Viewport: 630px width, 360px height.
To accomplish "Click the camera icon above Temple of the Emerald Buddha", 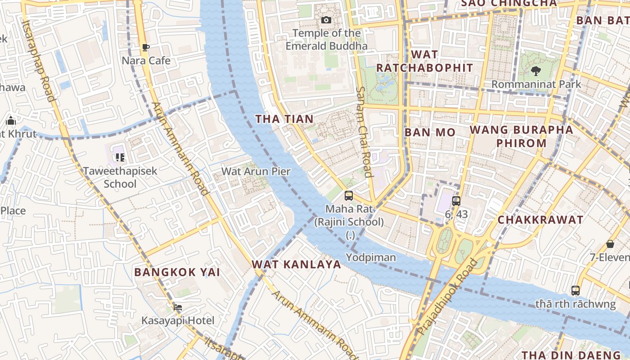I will (x=326, y=20).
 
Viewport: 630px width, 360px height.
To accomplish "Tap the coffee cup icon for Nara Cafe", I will (x=145, y=47).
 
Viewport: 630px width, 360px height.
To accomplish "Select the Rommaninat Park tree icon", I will (x=535, y=71).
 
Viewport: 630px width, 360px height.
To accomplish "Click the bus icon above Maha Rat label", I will (x=349, y=196).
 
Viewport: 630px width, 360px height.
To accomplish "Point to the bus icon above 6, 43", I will (x=456, y=201).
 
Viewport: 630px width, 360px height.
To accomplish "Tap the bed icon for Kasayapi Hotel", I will (x=178, y=307).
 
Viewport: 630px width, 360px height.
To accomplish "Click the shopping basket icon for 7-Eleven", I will (x=610, y=244).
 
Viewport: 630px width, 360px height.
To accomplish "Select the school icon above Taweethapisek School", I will (x=120, y=157).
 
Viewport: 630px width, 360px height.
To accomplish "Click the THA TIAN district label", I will (x=284, y=119).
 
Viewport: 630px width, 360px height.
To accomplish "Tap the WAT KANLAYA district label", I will (x=296, y=264).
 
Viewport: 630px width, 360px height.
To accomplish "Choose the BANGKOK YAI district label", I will (x=177, y=272).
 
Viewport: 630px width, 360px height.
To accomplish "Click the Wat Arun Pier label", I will (x=256, y=171).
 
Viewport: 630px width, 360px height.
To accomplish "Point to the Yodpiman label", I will (x=371, y=257).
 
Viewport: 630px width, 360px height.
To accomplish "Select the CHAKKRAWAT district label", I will (x=540, y=220).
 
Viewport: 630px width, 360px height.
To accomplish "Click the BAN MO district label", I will (x=430, y=132).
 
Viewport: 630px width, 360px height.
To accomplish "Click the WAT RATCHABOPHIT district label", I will (x=424, y=61).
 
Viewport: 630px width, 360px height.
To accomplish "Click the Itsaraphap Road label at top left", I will (x=38, y=61).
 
